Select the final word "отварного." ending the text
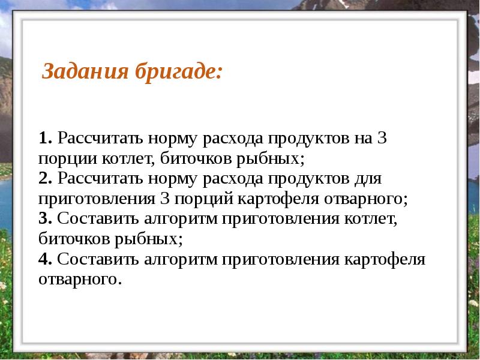80,280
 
